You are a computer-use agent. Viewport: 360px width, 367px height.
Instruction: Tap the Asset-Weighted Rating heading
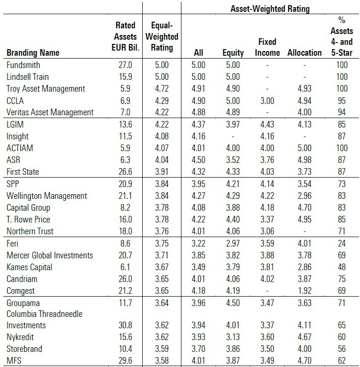point(270,9)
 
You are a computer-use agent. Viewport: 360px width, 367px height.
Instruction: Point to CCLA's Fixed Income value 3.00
point(267,100)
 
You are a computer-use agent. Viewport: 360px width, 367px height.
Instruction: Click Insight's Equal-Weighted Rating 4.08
point(163,136)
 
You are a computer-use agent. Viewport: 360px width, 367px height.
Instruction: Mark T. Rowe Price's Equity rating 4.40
point(233,219)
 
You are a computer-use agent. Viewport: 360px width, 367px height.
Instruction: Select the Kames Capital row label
point(29,267)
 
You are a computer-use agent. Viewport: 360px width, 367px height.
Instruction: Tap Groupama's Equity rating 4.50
point(233,303)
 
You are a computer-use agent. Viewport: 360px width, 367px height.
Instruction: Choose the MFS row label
point(14,360)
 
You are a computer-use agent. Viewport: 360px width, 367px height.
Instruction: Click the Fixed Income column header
point(267,47)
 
